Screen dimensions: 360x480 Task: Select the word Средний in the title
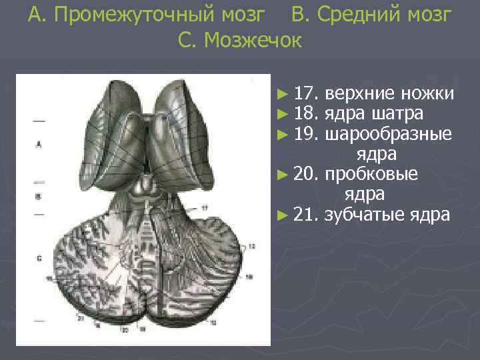click(x=351, y=15)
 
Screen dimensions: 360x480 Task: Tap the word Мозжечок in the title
click(x=253, y=41)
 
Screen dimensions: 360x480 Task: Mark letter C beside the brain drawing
click(x=39, y=257)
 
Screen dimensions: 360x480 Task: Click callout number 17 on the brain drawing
click(x=205, y=209)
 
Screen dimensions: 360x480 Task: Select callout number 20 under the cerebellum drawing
click(x=124, y=329)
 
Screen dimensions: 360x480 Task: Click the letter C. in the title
click(x=187, y=41)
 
